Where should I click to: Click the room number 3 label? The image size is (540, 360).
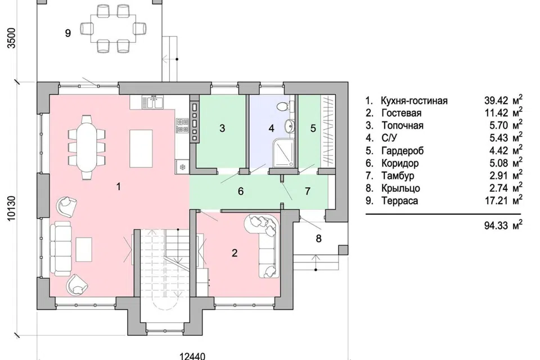point(222,128)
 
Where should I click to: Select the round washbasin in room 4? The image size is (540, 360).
point(289,126)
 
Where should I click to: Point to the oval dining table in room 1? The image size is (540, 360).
point(87,147)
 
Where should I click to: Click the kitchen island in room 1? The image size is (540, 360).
point(141,148)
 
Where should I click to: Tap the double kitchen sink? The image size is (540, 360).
point(154,102)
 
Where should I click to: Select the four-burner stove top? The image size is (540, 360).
point(182,125)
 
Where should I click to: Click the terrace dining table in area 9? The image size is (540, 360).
point(113,28)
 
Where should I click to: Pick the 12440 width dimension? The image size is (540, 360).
point(193,355)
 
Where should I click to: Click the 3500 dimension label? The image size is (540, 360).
point(12,38)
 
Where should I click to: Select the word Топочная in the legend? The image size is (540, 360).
point(402,125)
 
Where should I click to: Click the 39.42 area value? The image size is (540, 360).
point(496,100)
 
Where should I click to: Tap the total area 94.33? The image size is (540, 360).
point(496,226)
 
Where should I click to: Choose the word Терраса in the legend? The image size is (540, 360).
point(399,200)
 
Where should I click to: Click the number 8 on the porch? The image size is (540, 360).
point(318,238)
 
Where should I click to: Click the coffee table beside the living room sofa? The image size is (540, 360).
point(84,249)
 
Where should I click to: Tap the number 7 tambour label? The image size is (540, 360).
point(308,191)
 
